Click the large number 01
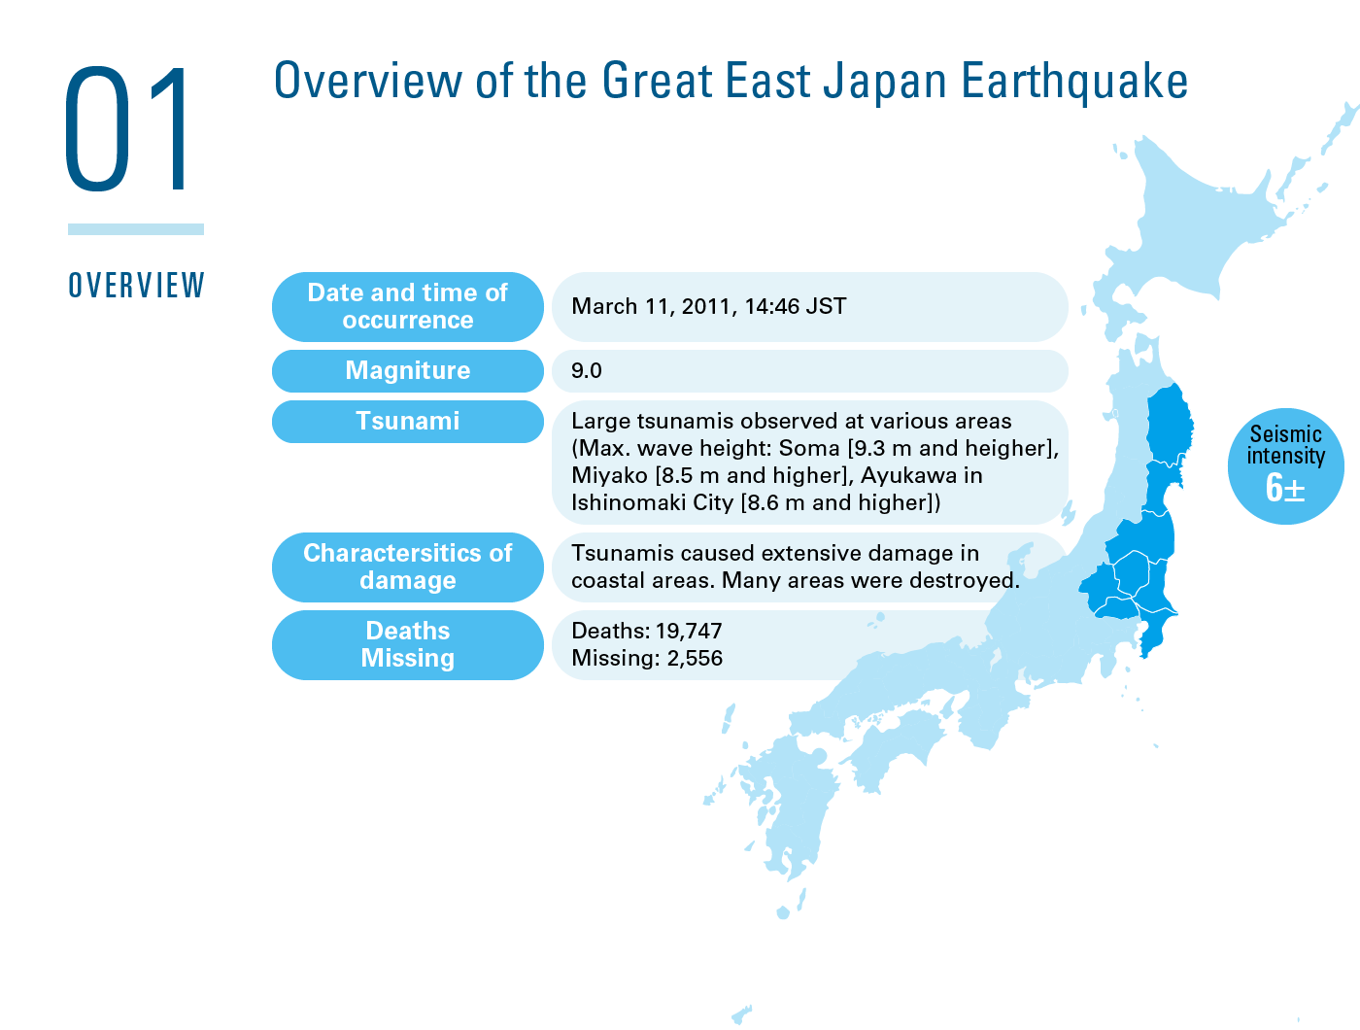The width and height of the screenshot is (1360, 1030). (126, 128)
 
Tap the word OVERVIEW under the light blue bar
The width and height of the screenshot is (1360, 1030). (136, 285)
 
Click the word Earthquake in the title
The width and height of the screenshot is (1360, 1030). (1074, 82)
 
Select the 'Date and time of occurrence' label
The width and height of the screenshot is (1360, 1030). (408, 307)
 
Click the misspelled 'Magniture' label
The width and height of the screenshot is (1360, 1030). (408, 370)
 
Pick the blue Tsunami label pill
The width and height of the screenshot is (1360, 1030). (408, 422)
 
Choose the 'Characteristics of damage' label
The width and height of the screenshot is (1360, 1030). (408, 567)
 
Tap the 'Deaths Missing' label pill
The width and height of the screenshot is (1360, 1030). (408, 645)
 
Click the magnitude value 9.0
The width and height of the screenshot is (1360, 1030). (586, 370)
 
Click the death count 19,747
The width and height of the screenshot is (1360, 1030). (689, 631)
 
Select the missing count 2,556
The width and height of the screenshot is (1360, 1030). (695, 658)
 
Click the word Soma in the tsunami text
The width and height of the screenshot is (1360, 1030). (808, 448)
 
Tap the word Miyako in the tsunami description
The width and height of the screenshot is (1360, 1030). (610, 475)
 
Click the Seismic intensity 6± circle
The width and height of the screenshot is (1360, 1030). (1285, 466)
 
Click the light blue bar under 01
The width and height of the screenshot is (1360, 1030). (136, 229)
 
